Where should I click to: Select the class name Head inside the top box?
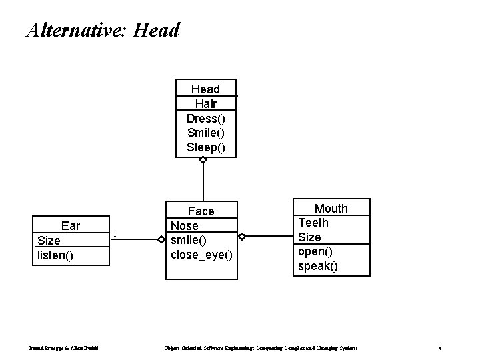(x=205, y=89)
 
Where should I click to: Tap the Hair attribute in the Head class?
(x=205, y=103)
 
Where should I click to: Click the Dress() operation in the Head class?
(x=205, y=118)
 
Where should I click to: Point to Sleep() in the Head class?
(x=205, y=147)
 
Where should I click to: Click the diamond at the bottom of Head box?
(x=203, y=160)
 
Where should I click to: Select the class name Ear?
(x=70, y=226)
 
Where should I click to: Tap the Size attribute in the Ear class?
(x=49, y=241)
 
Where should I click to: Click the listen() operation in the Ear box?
(x=56, y=255)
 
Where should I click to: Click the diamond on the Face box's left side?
(x=161, y=237)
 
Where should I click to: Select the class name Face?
(x=201, y=211)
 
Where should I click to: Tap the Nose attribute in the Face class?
(x=185, y=226)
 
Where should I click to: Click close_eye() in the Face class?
(x=202, y=255)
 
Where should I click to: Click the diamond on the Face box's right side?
(x=243, y=237)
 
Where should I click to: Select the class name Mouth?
(x=331, y=209)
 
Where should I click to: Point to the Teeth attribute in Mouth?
(x=313, y=223)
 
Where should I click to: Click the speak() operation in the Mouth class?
(x=318, y=266)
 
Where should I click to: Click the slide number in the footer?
(x=440, y=349)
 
